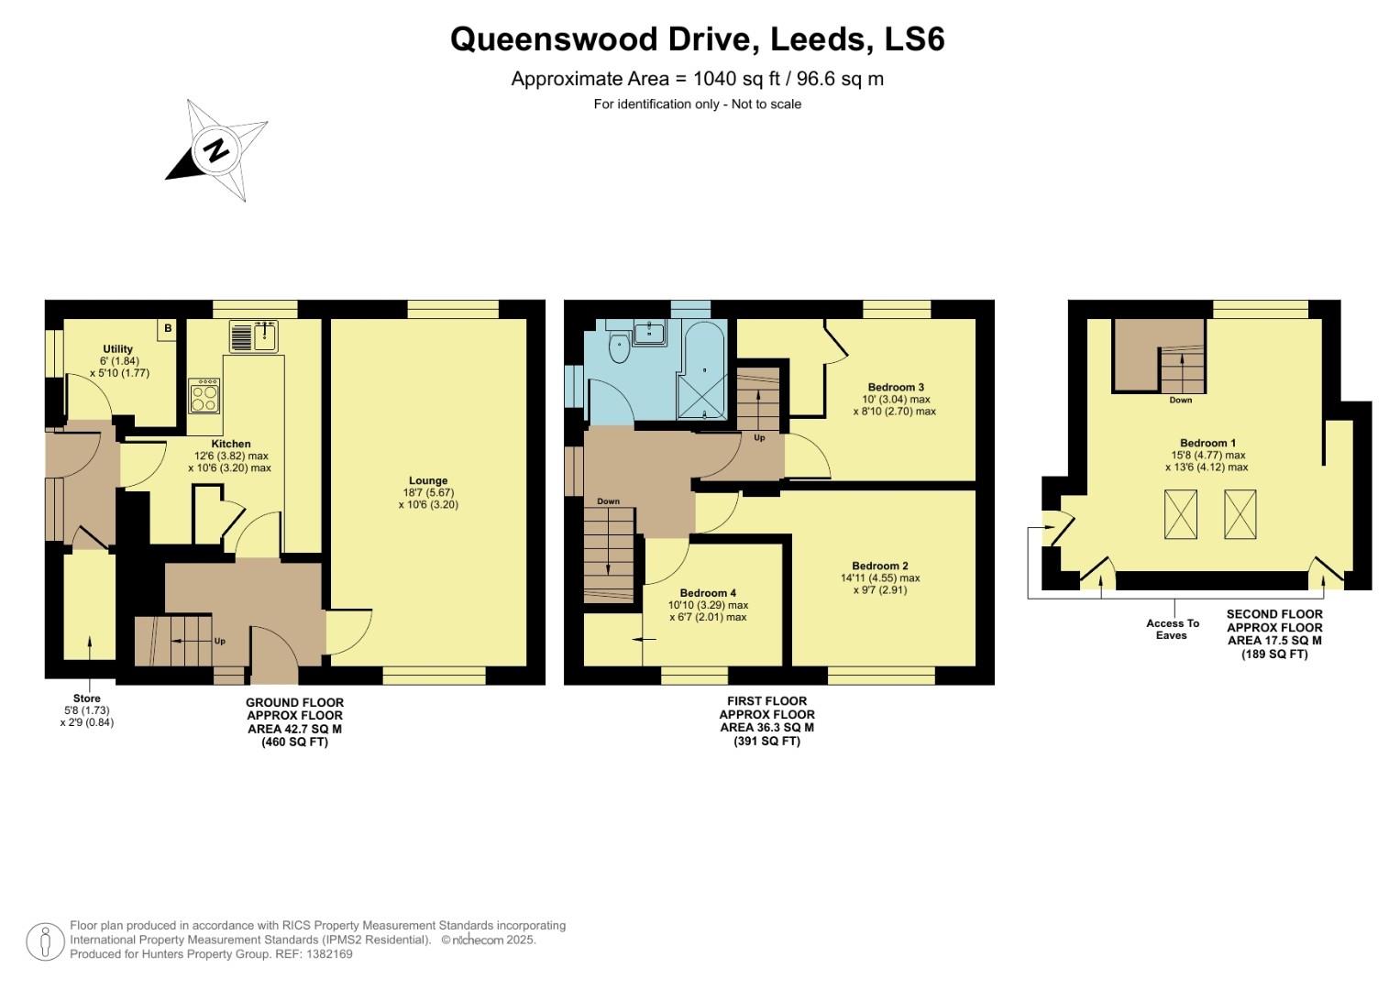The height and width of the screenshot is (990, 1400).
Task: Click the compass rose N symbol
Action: pyautogui.click(x=216, y=149)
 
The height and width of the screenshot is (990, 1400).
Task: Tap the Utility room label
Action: pyautogui.click(x=118, y=349)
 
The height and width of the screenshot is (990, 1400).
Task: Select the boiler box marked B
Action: pyautogui.click(x=168, y=328)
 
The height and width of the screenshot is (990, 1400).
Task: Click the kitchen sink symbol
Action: pyautogui.click(x=253, y=336)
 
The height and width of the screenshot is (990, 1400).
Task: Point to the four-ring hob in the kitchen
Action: pyautogui.click(x=204, y=395)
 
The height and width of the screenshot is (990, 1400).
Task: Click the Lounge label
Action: pyautogui.click(x=428, y=480)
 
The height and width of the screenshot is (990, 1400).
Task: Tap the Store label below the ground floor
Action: pyautogui.click(x=87, y=698)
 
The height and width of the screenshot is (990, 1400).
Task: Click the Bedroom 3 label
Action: pyautogui.click(x=895, y=387)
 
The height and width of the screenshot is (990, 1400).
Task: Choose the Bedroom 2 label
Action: pyautogui.click(x=880, y=566)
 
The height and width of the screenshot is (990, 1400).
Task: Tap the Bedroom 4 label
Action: pyautogui.click(x=708, y=593)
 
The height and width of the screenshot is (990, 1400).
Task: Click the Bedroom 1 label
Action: pyautogui.click(x=1207, y=443)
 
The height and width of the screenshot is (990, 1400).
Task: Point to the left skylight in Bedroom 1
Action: pyautogui.click(x=1180, y=514)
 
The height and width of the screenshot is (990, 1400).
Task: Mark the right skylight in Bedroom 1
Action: pyautogui.click(x=1240, y=514)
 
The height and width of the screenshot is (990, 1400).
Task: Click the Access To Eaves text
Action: pyautogui.click(x=1172, y=629)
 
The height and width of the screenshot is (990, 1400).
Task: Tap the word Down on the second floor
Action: pyautogui.click(x=1181, y=401)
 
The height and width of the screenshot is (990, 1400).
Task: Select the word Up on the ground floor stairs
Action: pyautogui.click(x=219, y=641)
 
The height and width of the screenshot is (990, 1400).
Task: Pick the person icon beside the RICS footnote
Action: pyautogui.click(x=45, y=941)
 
